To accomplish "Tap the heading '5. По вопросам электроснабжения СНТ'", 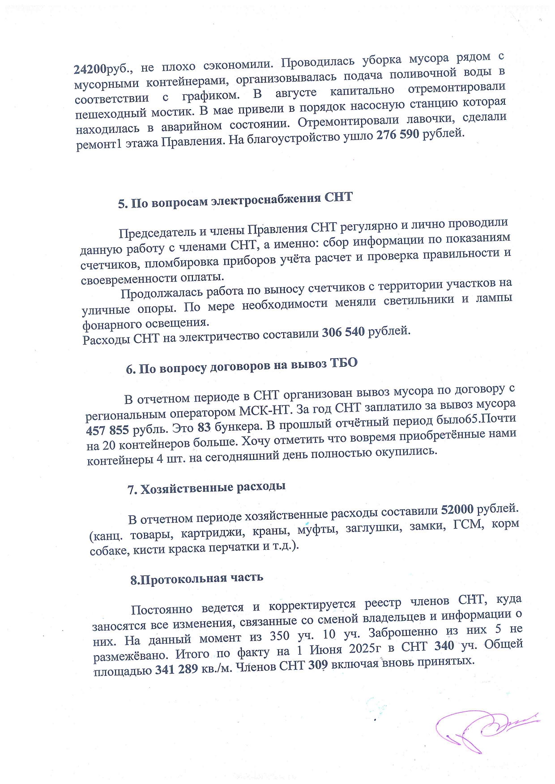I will point(235,200).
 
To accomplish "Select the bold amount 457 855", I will point(107,430).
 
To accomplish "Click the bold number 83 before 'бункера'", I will point(204,427).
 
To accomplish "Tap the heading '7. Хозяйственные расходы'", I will point(206,488).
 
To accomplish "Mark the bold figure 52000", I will point(457,510).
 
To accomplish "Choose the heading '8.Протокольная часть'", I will point(196,579).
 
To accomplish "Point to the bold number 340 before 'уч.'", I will point(444,646).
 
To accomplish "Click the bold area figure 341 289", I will point(177,670).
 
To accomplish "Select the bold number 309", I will point(318,665).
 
